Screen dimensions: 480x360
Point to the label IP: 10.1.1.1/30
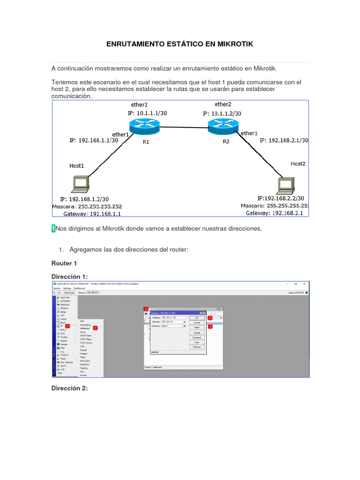pyautogui.click(x=147, y=113)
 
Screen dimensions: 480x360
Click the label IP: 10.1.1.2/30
pyautogui.click(x=222, y=113)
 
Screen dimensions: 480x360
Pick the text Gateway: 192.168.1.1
pyautogui.click(x=92, y=214)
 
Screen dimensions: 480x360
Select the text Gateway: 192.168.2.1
pyautogui.click(x=275, y=213)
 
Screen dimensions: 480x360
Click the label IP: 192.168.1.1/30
pyautogui.click(x=93, y=140)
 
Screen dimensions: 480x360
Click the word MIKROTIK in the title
pyautogui.click(x=233, y=44)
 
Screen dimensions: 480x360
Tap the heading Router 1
pyautogui.click(x=64, y=263)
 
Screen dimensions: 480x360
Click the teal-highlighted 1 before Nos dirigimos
pyautogui.click(x=53, y=228)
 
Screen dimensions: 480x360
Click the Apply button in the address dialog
pyautogui.click(x=197, y=327)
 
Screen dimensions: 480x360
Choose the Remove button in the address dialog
pyautogui.click(x=197, y=347)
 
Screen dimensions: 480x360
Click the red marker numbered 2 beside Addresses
pyautogui.click(x=95, y=328)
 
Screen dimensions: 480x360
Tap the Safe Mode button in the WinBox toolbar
pyautogui.click(x=69, y=292)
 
